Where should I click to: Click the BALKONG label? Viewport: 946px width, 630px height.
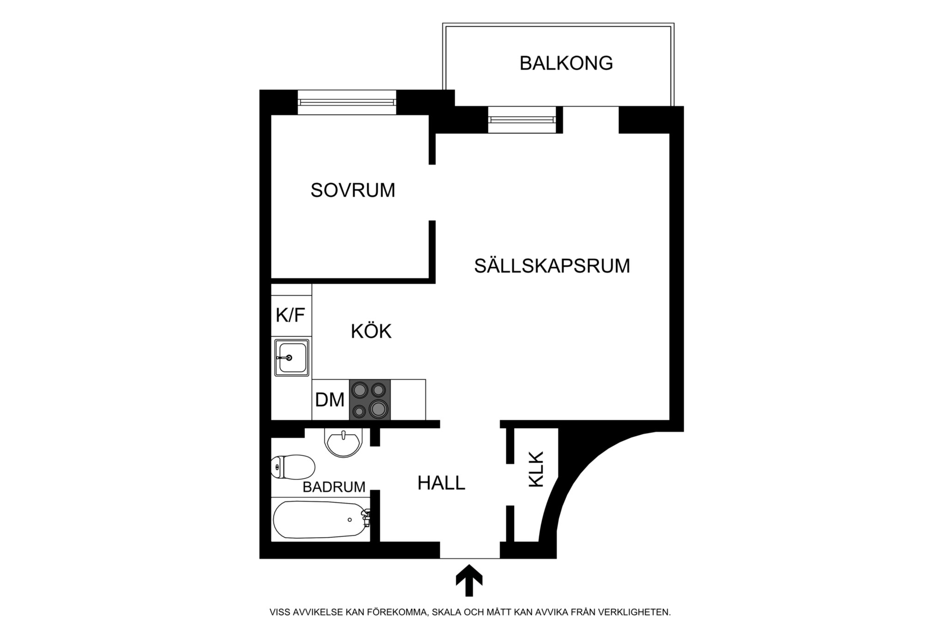tap(566, 63)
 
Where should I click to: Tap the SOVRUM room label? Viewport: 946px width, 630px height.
tap(353, 190)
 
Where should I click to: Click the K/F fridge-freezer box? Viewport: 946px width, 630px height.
tap(291, 316)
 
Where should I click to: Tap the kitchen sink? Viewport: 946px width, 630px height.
tap(291, 358)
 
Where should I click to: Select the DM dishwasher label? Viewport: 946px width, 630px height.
tap(330, 400)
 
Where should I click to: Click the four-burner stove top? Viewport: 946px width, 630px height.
tap(370, 400)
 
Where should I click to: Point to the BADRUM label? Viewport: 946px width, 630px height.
tap(334, 487)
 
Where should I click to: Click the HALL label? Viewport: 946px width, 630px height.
tap(441, 483)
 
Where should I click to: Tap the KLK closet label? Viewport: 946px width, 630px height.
tap(536, 469)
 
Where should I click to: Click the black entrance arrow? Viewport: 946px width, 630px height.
tap(469, 581)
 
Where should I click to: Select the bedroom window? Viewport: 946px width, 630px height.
tap(347, 102)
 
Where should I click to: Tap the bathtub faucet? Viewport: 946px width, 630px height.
tap(366, 518)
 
